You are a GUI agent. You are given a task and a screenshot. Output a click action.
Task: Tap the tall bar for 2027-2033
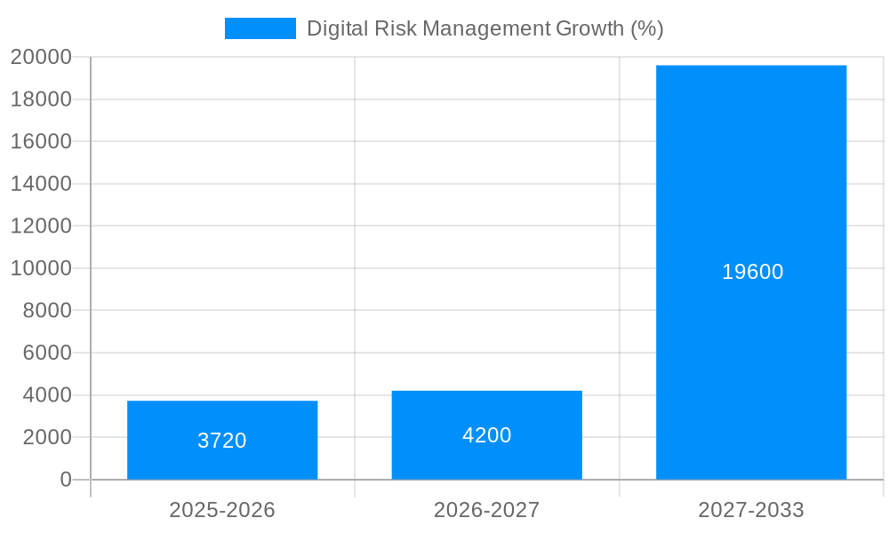click(x=751, y=178)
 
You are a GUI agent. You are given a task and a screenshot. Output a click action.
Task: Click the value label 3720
click(x=222, y=441)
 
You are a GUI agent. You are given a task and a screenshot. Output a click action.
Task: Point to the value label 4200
click(x=486, y=435)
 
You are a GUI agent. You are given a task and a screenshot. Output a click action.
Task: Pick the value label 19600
click(x=752, y=272)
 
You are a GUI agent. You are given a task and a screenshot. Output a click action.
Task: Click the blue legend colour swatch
click(x=260, y=28)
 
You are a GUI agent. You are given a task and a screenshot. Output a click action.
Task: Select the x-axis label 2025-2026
click(x=222, y=510)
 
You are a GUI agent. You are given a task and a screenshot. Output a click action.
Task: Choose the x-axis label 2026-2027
click(x=486, y=510)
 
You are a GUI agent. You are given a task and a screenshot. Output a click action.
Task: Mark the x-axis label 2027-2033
click(x=751, y=510)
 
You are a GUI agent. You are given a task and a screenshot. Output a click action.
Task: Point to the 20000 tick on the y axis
click(x=41, y=57)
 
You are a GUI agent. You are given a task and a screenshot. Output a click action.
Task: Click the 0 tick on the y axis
click(x=65, y=480)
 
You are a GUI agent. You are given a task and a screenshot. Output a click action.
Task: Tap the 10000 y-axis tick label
click(x=41, y=268)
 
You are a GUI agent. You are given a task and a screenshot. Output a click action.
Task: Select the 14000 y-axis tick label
click(x=41, y=184)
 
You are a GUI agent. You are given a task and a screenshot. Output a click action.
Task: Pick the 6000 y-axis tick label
click(x=46, y=353)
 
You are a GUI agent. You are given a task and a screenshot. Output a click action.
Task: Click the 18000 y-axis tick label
click(x=41, y=99)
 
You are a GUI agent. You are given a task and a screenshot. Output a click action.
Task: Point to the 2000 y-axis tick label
click(x=46, y=437)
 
